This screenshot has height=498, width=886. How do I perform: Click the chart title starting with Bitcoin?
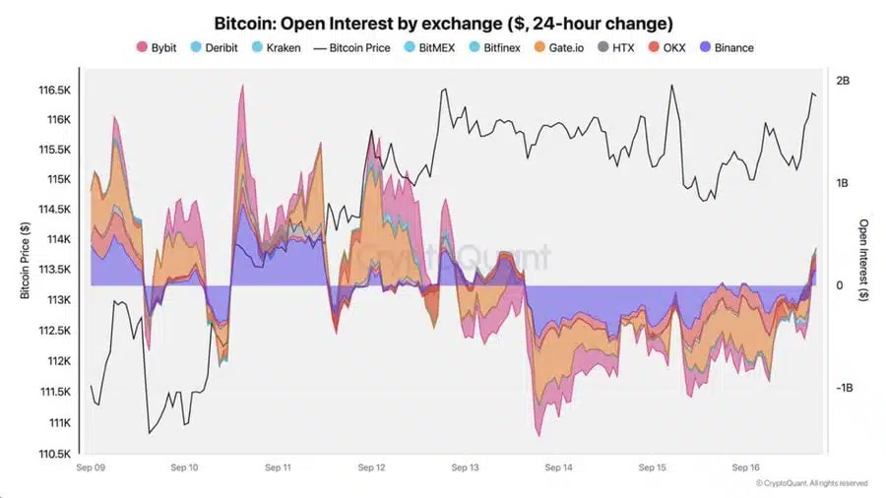(443, 22)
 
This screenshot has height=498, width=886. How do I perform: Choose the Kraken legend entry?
(276, 47)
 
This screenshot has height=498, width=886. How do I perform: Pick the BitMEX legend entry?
(436, 47)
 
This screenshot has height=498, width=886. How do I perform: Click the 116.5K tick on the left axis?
(53, 90)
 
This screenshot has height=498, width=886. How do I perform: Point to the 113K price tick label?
(57, 300)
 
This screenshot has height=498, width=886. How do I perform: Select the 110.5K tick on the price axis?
(53, 454)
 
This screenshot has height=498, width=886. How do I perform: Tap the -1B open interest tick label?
(844, 389)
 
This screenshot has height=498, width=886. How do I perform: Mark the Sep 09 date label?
(92, 468)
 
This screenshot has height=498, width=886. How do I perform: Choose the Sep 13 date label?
(466, 468)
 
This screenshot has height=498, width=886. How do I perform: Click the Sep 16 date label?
(747, 468)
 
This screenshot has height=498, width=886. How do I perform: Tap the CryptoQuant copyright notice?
(811, 483)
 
